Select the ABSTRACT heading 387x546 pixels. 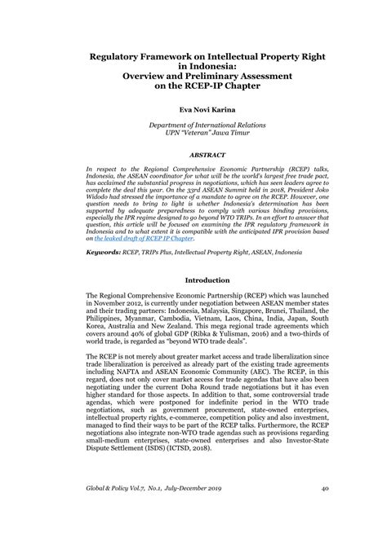[x=193, y=152]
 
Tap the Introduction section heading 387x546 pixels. [x=193, y=279]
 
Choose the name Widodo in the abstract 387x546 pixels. [x=104, y=197]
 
